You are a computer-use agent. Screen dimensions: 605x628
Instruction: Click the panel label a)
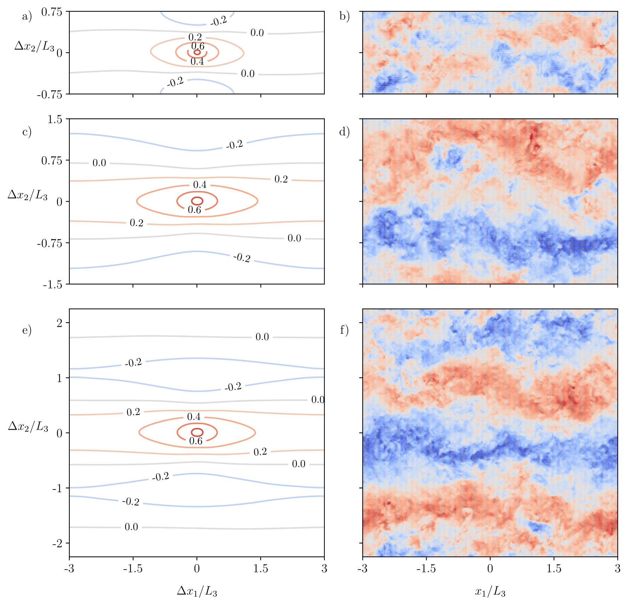tap(27, 17)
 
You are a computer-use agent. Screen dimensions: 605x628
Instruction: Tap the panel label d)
tap(344, 132)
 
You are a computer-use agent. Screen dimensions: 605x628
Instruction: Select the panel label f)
tap(344, 330)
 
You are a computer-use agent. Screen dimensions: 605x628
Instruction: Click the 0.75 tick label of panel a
tap(52, 12)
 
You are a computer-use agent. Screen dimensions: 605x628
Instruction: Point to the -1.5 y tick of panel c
tap(53, 284)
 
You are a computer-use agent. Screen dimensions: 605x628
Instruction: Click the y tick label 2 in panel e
tap(59, 323)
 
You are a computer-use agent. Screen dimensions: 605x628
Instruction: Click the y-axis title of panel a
tap(34, 46)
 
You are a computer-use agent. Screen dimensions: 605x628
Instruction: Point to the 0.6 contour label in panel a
tap(198, 46)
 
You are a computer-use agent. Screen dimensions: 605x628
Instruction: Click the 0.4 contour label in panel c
tap(200, 185)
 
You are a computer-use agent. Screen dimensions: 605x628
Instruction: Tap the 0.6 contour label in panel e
tap(196, 441)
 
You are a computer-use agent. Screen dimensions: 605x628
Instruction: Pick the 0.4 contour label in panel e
tap(194, 417)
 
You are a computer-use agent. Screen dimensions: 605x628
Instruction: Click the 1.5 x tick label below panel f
tap(554, 569)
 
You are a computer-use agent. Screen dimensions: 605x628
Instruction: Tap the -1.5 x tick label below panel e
tap(133, 569)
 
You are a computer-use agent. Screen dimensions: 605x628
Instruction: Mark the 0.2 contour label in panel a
tap(195, 37)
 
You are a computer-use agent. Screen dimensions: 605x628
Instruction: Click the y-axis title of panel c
tap(28, 195)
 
